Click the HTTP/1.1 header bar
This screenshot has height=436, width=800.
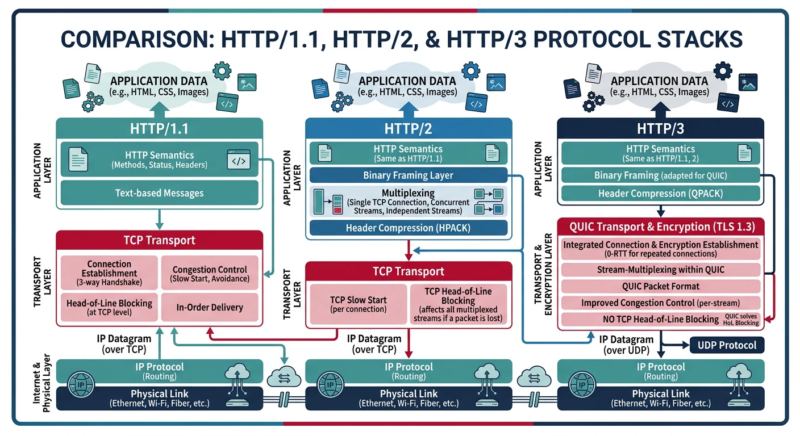point(159,128)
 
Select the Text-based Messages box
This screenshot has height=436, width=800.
point(159,193)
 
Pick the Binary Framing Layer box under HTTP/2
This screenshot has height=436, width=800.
point(407,175)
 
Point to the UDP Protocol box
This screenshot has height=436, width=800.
point(727,345)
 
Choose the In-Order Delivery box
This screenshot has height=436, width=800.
point(210,307)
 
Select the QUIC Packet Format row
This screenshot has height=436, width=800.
point(660,286)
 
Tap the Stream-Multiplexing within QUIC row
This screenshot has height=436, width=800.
point(660,269)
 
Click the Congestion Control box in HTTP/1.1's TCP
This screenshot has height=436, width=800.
point(210,274)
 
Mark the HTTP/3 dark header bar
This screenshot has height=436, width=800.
point(660,128)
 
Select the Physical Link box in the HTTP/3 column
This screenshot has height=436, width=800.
point(660,398)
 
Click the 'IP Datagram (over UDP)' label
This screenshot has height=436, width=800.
point(623,345)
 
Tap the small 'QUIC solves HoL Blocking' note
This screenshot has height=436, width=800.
point(742,319)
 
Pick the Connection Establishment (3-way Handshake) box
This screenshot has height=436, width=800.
point(109,272)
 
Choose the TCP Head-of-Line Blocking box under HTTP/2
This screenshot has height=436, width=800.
point(458,304)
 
